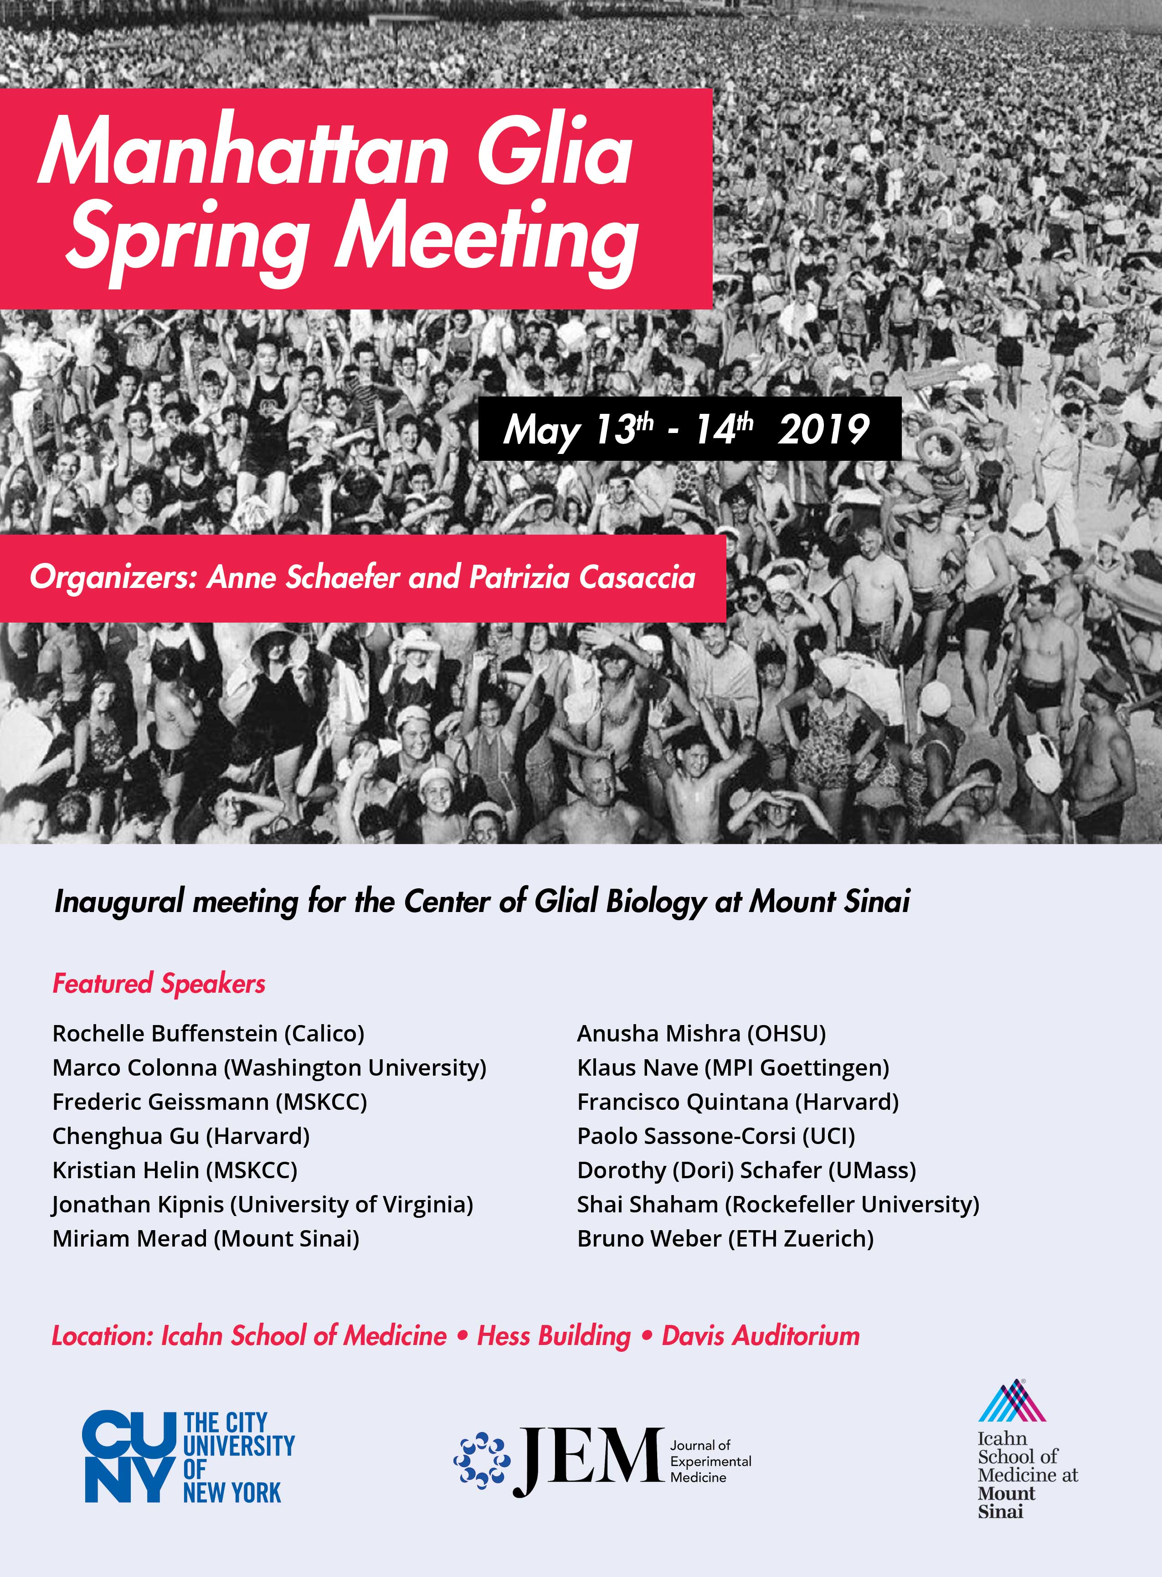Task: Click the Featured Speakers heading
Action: (x=159, y=983)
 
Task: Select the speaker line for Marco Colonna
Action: (x=269, y=1068)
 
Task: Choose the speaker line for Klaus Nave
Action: (x=733, y=1068)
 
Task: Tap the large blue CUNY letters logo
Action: (x=128, y=1458)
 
